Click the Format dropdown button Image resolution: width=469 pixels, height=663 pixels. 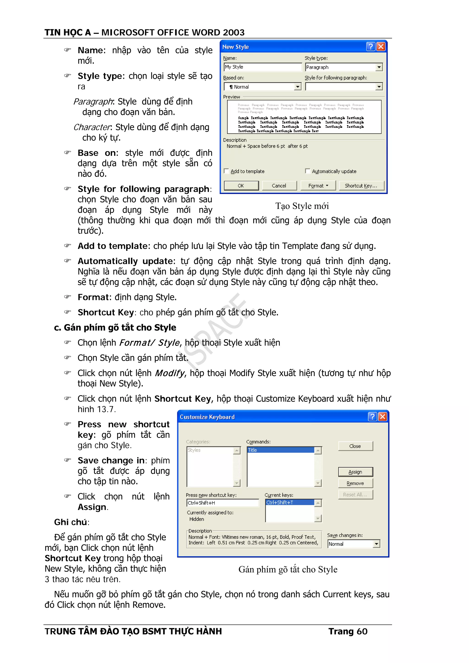[318, 186]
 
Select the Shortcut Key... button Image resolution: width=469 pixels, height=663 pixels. [361, 186]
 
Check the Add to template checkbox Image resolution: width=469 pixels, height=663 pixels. [226, 171]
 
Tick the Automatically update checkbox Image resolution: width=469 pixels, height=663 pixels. [308, 171]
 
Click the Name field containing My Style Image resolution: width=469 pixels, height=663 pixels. [262, 67]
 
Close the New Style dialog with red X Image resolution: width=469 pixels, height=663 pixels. [381, 46]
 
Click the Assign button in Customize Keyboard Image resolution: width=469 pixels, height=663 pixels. [355, 472]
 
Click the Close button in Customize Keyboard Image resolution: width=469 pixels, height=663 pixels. [355, 446]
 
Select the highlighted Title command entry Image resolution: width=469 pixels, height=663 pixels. [280, 450]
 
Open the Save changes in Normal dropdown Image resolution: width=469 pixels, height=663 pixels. [376, 544]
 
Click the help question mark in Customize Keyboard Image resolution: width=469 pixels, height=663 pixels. [372, 417]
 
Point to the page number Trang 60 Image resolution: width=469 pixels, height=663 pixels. [348, 631]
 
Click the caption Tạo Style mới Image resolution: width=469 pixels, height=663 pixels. [302, 206]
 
